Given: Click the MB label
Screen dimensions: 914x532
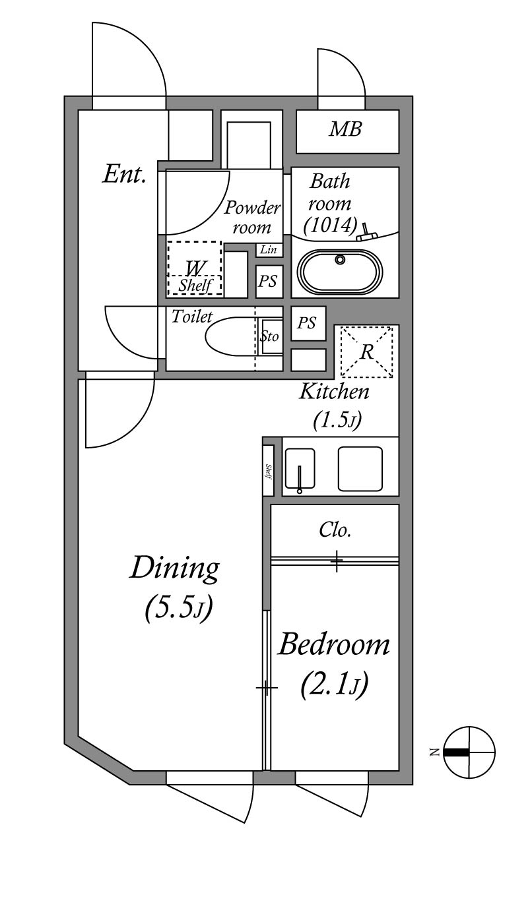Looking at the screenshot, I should [346, 130].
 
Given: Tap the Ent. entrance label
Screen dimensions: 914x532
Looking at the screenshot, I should [124, 175].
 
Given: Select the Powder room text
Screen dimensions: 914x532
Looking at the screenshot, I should [252, 218].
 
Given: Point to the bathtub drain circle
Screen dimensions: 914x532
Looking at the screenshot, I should [340, 259].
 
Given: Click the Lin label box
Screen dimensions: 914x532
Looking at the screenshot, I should [269, 250].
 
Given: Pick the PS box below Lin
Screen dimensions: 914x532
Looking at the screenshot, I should [268, 282].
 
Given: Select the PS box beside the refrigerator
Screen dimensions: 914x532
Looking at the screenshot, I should [307, 323].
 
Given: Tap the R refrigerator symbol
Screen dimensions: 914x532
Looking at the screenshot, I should [366, 351].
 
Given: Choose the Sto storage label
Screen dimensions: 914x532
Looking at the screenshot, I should [270, 337].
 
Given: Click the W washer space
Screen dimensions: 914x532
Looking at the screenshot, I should [195, 268].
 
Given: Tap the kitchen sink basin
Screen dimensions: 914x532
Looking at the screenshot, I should [299, 469].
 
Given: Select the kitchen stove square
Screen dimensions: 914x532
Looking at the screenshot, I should [360, 469].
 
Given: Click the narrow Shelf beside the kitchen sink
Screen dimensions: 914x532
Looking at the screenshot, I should [268, 470].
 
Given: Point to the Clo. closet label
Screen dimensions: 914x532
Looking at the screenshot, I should [335, 530].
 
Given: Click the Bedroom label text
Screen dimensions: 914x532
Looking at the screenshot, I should [334, 644].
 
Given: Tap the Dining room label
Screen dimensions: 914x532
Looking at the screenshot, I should [175, 568].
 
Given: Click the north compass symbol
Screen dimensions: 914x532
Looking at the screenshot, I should [468, 752].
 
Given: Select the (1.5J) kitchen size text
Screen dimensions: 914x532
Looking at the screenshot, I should [335, 420].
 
